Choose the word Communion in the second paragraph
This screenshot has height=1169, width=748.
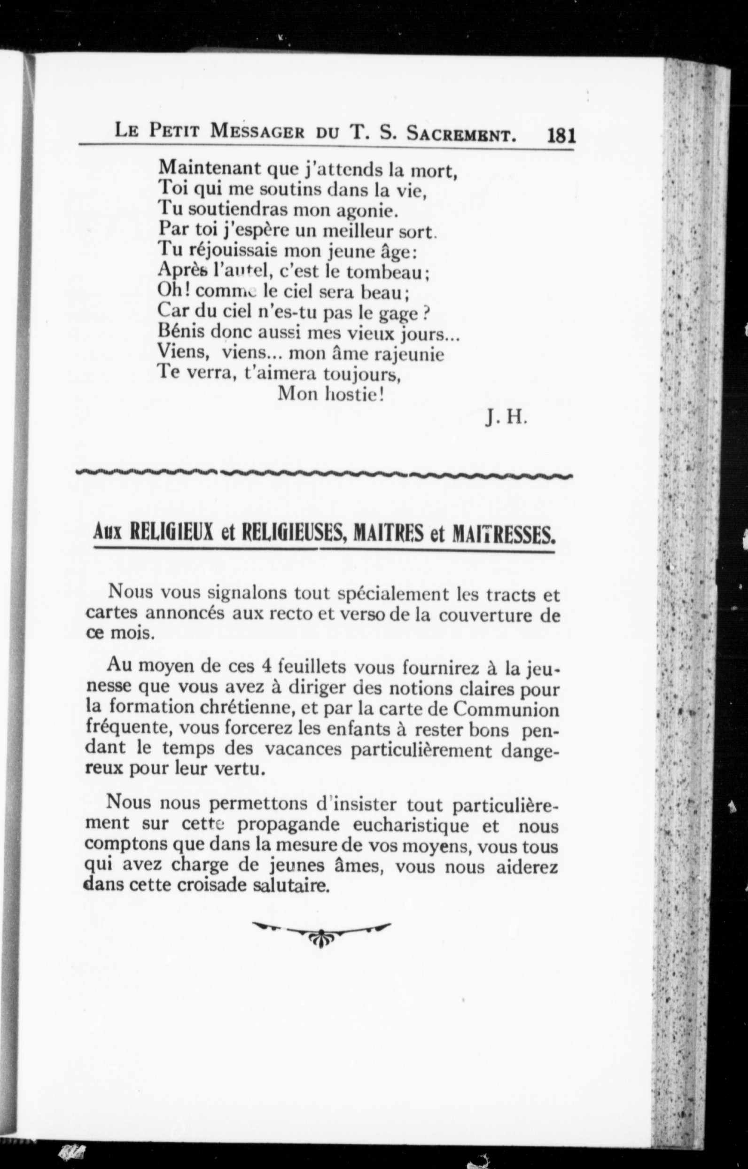pos(506,709)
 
